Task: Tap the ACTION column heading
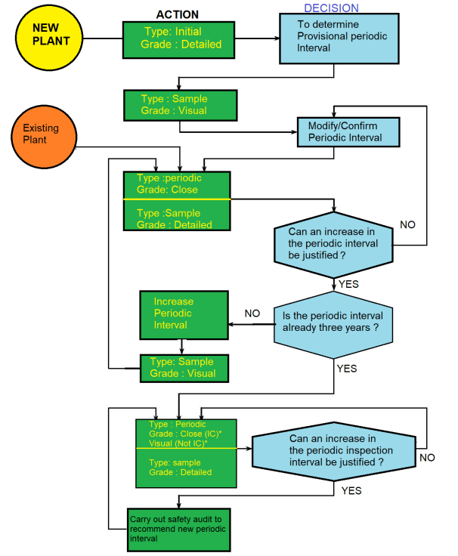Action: (x=178, y=14)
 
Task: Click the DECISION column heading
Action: (x=331, y=8)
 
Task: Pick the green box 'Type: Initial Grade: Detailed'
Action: (x=181, y=39)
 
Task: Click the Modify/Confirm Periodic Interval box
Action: (x=345, y=131)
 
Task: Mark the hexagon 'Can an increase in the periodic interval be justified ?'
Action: (x=333, y=243)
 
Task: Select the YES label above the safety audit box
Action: (x=351, y=490)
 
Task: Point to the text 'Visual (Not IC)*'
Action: (x=178, y=443)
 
